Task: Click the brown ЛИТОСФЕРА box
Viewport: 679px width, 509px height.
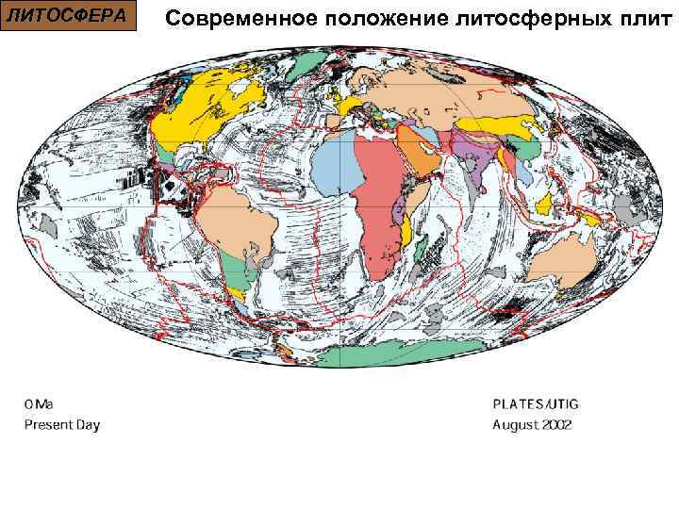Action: coord(69,16)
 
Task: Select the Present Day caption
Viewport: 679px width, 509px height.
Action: coord(62,424)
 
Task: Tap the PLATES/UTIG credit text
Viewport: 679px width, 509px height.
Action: coord(536,403)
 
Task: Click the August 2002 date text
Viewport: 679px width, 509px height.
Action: coord(532,424)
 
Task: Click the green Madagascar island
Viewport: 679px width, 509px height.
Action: coord(406,231)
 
